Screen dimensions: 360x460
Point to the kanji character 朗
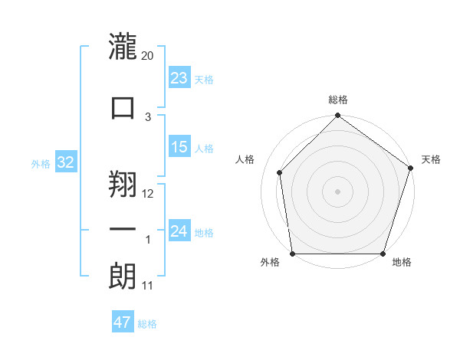coord(123,276)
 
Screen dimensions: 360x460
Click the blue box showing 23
coord(179,78)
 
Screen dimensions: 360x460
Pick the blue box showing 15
coord(179,148)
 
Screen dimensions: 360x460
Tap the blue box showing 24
coord(179,231)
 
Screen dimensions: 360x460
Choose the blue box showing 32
coord(66,162)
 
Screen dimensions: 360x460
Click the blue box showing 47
coord(123,322)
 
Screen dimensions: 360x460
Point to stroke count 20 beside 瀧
coord(148,56)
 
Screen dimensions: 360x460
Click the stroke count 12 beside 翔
coord(148,194)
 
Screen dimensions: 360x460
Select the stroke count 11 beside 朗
coord(148,286)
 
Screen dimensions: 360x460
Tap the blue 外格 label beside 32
coord(41,163)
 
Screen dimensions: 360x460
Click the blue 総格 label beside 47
coord(147,323)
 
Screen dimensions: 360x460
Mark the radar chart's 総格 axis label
coord(338,100)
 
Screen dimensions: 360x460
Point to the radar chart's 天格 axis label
coord(431,159)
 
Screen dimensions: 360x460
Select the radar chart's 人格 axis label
coord(245,159)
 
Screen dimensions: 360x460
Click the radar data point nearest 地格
coord(383,254)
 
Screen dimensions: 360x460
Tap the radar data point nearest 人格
coord(280,172)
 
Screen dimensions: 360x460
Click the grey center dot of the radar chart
coord(338,191)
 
